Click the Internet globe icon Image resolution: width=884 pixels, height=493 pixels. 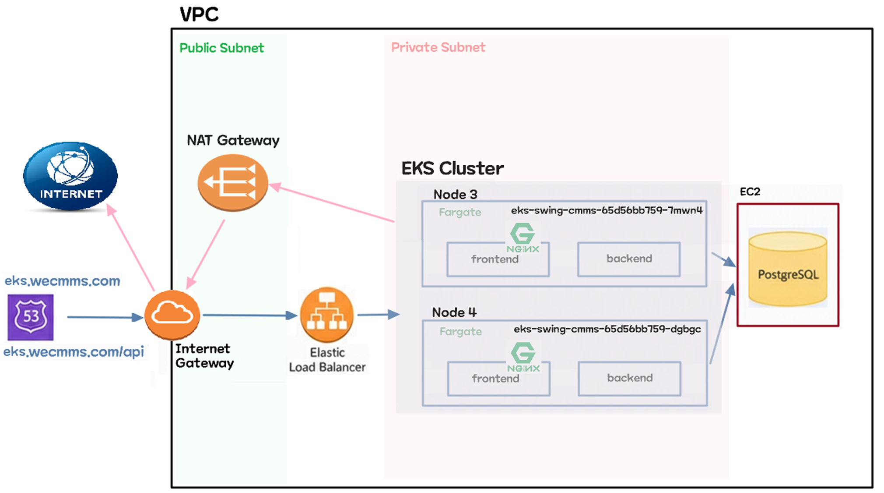(70, 176)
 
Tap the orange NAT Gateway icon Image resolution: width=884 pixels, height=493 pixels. (232, 182)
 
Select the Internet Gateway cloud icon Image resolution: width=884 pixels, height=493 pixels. (172, 315)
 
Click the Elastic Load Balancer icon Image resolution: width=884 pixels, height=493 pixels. (327, 315)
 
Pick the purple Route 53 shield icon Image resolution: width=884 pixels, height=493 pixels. (31, 317)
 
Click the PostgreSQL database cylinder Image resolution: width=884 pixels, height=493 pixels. (787, 269)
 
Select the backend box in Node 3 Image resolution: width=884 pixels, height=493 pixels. (628, 259)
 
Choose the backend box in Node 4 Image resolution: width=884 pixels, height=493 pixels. (629, 378)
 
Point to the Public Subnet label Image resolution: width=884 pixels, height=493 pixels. (221, 48)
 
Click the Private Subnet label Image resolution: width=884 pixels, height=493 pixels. (438, 47)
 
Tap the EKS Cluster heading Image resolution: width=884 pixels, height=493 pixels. (452, 168)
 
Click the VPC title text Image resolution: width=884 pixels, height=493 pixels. (199, 14)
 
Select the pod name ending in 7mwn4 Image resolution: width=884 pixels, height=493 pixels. (607, 210)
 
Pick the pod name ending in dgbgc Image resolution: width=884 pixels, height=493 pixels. (607, 329)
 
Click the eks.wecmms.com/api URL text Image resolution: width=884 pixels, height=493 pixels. (74, 352)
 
